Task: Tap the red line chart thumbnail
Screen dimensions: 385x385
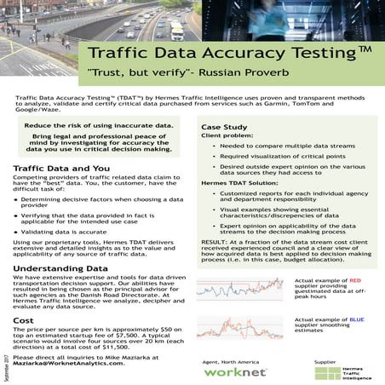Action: (x=242, y=293)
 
